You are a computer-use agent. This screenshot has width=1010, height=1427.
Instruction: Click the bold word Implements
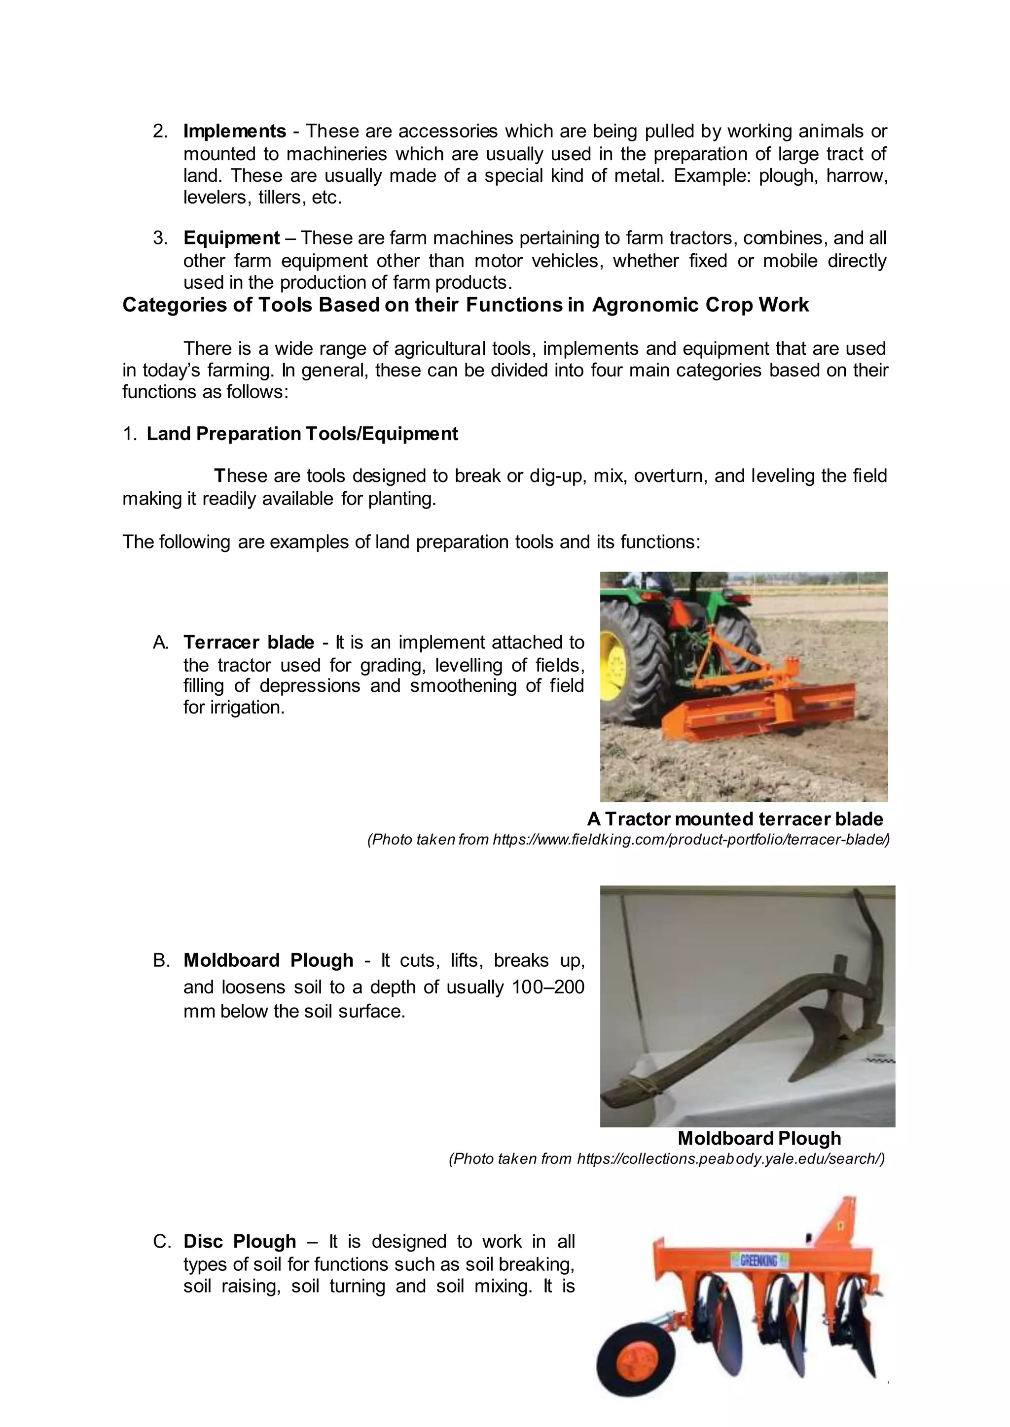(234, 131)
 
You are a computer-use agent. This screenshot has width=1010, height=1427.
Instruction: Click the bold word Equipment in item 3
(231, 238)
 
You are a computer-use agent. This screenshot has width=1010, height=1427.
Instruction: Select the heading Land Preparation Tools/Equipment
(302, 434)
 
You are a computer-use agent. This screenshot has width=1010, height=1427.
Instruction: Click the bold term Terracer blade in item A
(249, 642)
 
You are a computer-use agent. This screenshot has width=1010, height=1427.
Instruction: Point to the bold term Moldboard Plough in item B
(268, 960)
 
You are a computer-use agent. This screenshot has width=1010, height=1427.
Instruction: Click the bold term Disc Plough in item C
(240, 1241)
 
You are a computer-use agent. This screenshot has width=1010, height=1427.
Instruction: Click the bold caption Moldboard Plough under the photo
(759, 1138)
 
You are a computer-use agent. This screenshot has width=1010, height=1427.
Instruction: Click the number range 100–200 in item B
(547, 987)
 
